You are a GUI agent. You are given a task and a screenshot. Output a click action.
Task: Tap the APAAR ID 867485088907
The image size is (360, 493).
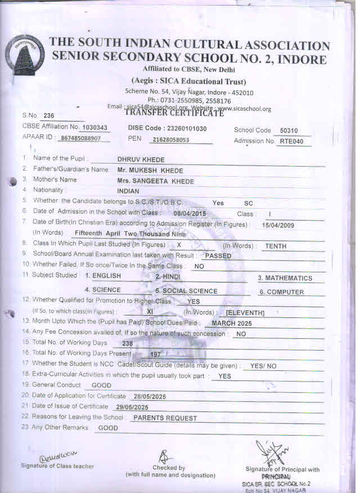click(80, 138)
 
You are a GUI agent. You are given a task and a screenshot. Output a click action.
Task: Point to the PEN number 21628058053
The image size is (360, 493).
click(166, 139)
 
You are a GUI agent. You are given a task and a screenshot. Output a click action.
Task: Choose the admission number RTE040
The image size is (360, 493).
click(295, 141)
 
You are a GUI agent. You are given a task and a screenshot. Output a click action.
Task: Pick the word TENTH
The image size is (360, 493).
click(276, 246)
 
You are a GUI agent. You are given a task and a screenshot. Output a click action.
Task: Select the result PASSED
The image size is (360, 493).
click(218, 256)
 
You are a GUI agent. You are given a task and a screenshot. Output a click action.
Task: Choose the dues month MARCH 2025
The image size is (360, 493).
click(232, 324)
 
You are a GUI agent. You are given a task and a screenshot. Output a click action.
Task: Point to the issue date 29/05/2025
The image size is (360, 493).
click(128, 407)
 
